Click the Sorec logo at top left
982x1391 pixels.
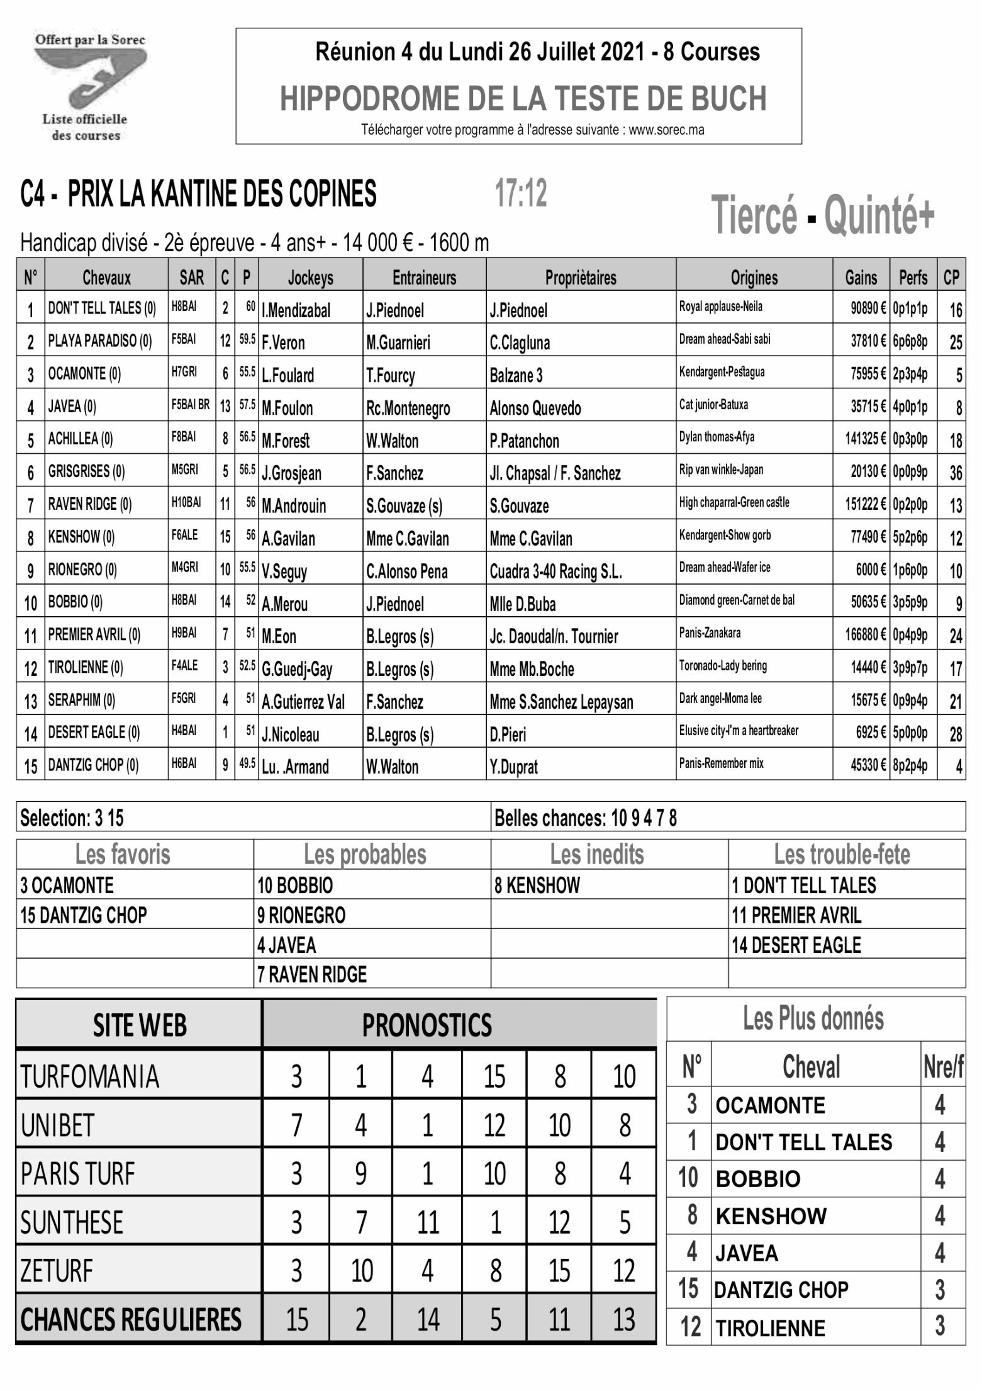pyautogui.click(x=90, y=87)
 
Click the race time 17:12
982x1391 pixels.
pyautogui.click(x=520, y=193)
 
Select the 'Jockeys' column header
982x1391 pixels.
pyautogui.click(x=310, y=278)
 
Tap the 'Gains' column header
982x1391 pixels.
pyautogui.click(x=861, y=278)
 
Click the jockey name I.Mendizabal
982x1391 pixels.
pyautogui.click(x=296, y=310)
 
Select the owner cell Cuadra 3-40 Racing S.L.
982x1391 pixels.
pyautogui.click(x=555, y=572)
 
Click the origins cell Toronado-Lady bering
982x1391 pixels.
pyautogui.click(x=723, y=666)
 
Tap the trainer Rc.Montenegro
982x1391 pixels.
pyautogui.click(x=408, y=408)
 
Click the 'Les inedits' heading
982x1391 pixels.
pyautogui.click(x=597, y=855)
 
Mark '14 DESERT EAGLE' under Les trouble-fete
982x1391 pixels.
pyautogui.click(x=796, y=945)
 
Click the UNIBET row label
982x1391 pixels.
pyautogui.click(x=58, y=1125)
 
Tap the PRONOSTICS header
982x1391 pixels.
pyautogui.click(x=427, y=1025)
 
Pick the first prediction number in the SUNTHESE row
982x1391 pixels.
pyautogui.click(x=296, y=1222)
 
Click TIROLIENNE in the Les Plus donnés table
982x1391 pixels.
pyautogui.click(x=770, y=1329)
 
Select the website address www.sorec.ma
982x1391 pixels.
pyautogui.click(x=666, y=130)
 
